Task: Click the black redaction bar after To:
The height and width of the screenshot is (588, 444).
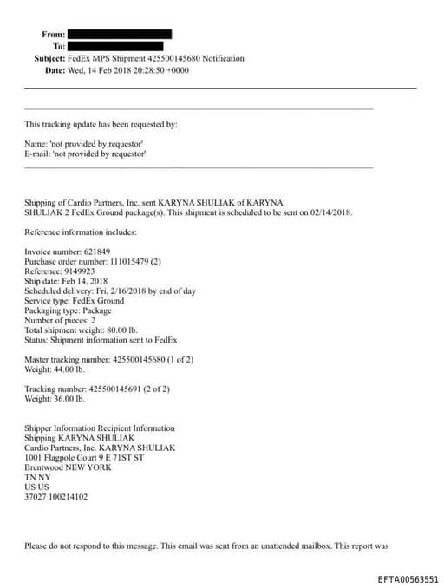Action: click(x=115, y=46)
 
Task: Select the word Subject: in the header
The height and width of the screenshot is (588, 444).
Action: click(x=49, y=58)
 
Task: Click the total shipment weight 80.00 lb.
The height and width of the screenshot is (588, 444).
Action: click(x=118, y=330)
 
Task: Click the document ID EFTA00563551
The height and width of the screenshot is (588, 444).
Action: click(x=408, y=578)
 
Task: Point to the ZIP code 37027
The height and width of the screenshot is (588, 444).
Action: click(x=36, y=497)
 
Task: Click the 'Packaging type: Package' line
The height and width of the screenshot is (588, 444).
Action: click(x=68, y=310)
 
